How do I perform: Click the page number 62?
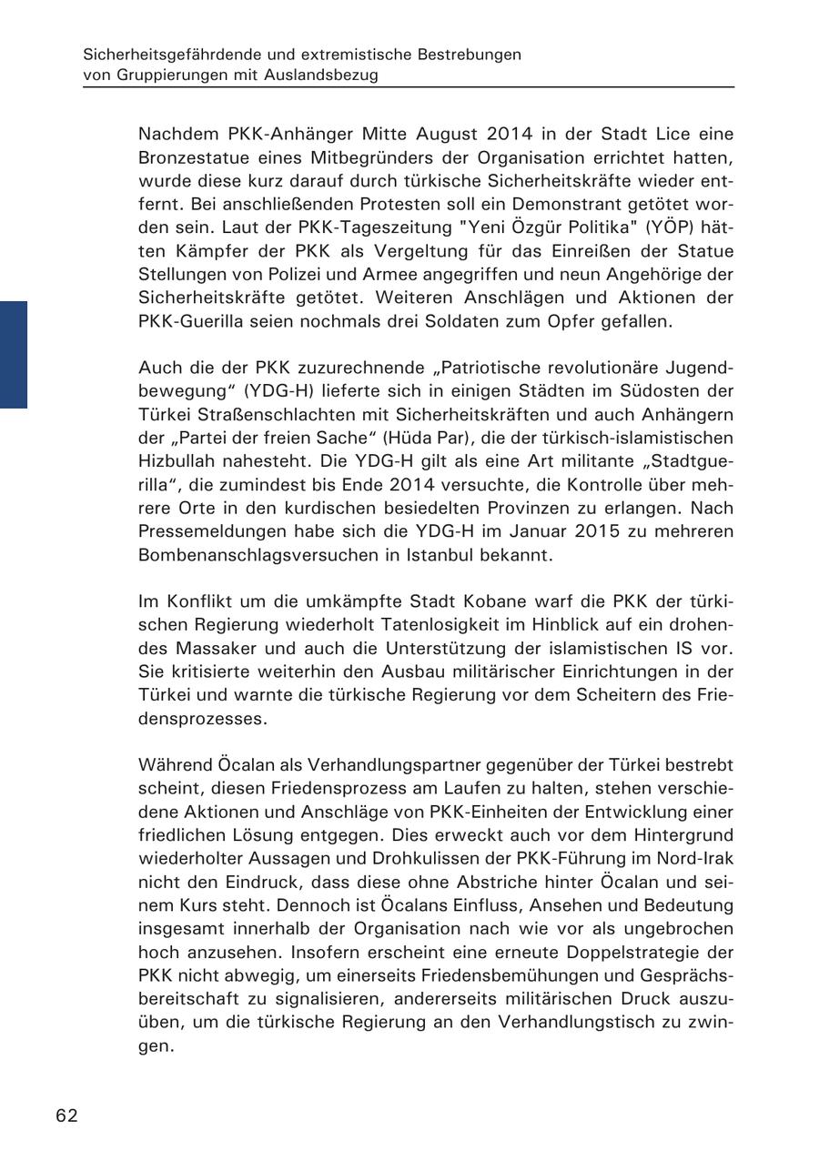(66, 1116)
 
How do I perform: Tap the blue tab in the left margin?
(14, 354)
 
